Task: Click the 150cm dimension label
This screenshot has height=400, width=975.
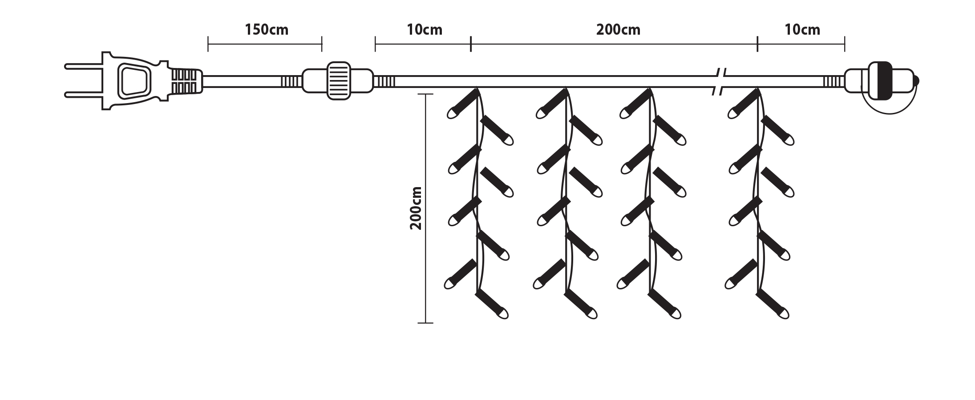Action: tap(266, 30)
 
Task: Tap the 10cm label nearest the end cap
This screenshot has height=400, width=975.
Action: tap(802, 30)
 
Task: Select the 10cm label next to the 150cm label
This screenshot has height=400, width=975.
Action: tap(424, 30)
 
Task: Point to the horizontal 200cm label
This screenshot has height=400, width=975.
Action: tap(618, 30)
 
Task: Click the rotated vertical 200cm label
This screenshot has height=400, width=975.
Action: tap(416, 208)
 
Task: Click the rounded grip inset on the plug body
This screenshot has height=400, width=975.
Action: tap(133, 80)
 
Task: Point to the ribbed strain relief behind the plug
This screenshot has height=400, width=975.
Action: tap(186, 80)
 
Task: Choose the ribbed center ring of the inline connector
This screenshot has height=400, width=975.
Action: tap(338, 80)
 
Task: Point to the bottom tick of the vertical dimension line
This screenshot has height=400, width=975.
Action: tap(425, 323)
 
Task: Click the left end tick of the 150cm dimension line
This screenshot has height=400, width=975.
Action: tap(208, 44)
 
